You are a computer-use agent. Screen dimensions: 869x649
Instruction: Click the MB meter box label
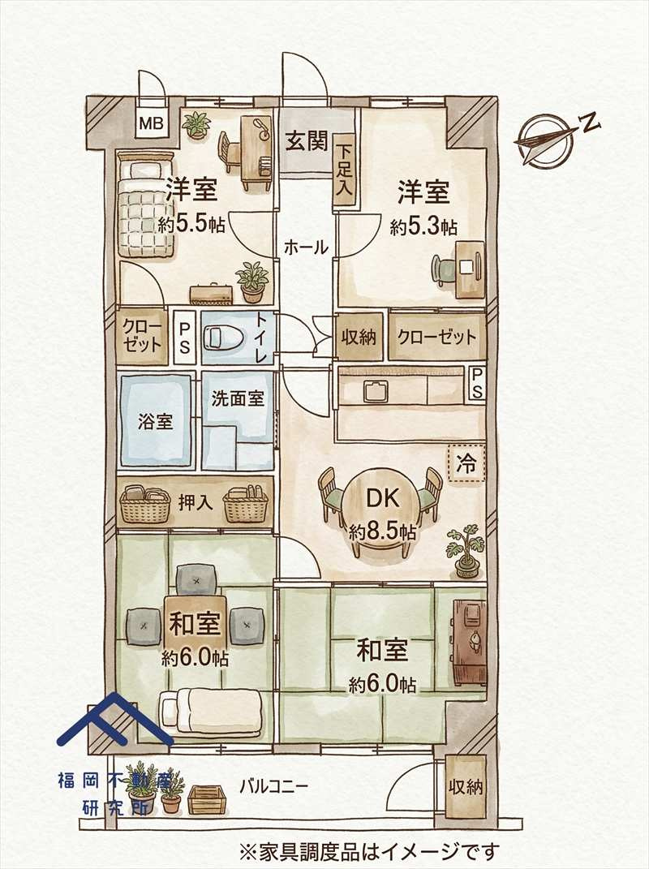click(x=152, y=124)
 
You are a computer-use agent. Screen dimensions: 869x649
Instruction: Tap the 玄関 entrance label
click(x=306, y=141)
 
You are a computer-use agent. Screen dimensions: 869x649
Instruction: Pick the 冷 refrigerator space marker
click(x=467, y=464)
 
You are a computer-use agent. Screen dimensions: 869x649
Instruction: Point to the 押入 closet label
click(x=195, y=501)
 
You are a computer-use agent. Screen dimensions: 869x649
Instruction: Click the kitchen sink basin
click(x=376, y=391)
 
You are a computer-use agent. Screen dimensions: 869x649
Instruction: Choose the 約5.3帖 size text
click(x=423, y=227)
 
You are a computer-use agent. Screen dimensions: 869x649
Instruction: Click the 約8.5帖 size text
click(x=382, y=533)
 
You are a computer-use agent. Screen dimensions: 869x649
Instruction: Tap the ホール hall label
click(x=306, y=247)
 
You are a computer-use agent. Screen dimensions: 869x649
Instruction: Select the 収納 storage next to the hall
click(x=359, y=336)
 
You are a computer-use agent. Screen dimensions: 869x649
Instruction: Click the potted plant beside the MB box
click(x=196, y=125)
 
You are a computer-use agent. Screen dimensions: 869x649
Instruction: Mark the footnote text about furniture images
click(x=368, y=852)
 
